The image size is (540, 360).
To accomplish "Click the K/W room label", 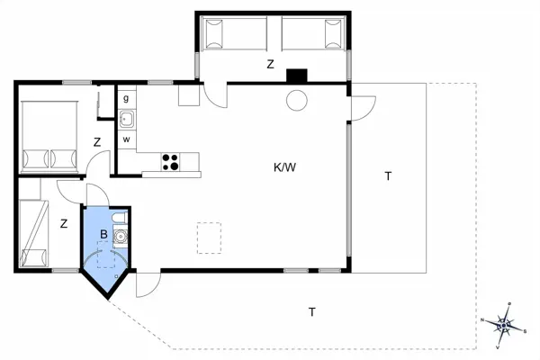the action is point(284,167).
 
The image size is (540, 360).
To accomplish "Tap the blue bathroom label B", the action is point(103,234).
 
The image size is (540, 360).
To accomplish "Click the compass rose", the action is point(504,325).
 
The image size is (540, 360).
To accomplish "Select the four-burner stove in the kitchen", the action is point(170,162).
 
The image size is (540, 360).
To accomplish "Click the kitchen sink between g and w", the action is point(127,119).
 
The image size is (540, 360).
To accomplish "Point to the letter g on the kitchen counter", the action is point(126,98).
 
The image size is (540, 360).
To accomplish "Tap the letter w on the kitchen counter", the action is point(126,139).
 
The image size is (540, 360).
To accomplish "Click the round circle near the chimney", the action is point(296,100).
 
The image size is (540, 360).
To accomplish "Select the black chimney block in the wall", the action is point(296,76).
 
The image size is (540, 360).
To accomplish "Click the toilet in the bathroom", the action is point(119,218).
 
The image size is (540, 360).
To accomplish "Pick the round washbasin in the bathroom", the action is point(121,237).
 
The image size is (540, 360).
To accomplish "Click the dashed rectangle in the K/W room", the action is point(209,238).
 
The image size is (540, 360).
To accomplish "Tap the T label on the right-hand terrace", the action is point(388,176).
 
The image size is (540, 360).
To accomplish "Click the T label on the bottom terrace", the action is point(312,312).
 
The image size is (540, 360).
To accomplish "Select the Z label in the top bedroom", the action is point(270,64).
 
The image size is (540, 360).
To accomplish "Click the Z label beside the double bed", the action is point(97,142).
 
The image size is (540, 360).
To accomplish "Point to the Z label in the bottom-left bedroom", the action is point(64,224).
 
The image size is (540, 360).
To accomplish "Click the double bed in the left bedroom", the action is point(49,137).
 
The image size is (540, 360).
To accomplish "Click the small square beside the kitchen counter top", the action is point(189,95).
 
